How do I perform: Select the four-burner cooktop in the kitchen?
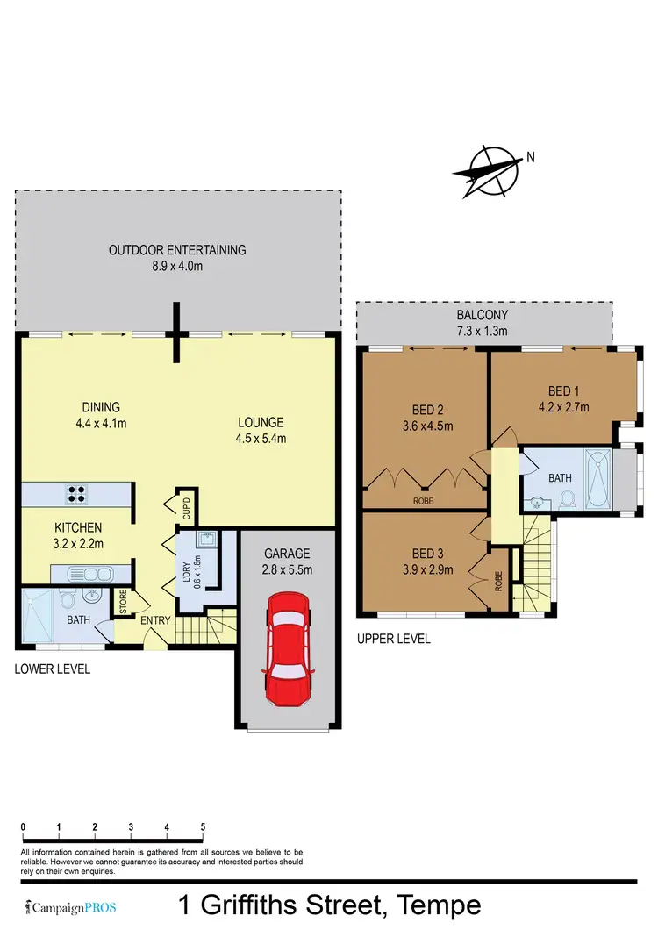tap(75, 494)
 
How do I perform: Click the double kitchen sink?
tap(90, 575)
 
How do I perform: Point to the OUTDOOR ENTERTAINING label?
tap(177, 250)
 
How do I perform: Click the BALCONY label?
tap(482, 315)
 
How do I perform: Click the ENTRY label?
tap(155, 621)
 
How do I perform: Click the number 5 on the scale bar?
tap(203, 826)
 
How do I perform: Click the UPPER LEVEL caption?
tap(393, 639)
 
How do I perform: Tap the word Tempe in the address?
tap(439, 905)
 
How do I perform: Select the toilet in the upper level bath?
tap(567, 498)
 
